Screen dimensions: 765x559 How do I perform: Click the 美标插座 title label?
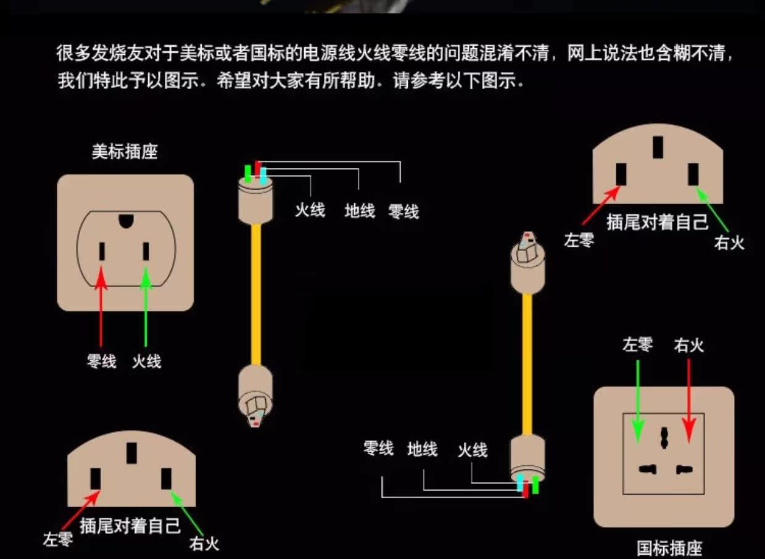125,152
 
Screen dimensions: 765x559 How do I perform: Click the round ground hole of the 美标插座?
126,220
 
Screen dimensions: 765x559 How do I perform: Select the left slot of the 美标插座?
103,252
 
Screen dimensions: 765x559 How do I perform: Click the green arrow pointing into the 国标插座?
638,395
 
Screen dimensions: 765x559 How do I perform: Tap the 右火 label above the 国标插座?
688,346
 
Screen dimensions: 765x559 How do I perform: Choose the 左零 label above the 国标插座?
637,345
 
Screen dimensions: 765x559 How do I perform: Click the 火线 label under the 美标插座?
147,361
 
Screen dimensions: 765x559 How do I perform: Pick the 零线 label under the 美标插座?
102,361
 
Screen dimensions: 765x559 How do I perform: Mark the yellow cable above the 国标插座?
527,364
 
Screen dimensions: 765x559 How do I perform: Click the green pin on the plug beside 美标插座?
247,173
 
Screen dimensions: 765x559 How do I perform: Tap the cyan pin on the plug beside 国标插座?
520,482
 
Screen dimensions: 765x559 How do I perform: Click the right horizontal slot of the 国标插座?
682,470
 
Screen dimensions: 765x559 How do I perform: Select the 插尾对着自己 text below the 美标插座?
130,525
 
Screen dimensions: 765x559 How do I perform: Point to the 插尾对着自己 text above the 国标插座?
658,222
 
